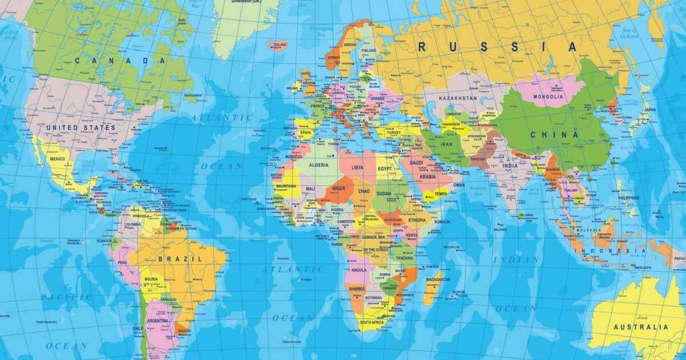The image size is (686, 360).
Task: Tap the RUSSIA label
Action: point(497,47)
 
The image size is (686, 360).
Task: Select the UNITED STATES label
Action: point(81,127)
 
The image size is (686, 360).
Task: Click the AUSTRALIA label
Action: point(640,327)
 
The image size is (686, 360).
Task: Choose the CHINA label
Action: point(554,135)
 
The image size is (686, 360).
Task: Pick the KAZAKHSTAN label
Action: point(457,98)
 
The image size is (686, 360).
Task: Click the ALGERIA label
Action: point(318,165)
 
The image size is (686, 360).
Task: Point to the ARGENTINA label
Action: point(157,321)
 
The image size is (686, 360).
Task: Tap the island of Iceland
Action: point(278,43)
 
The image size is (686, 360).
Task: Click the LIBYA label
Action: point(357,167)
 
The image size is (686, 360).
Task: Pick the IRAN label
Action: point(446,145)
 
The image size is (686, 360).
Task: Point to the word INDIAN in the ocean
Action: point(516,259)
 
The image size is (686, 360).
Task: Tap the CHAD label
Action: point(364,191)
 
